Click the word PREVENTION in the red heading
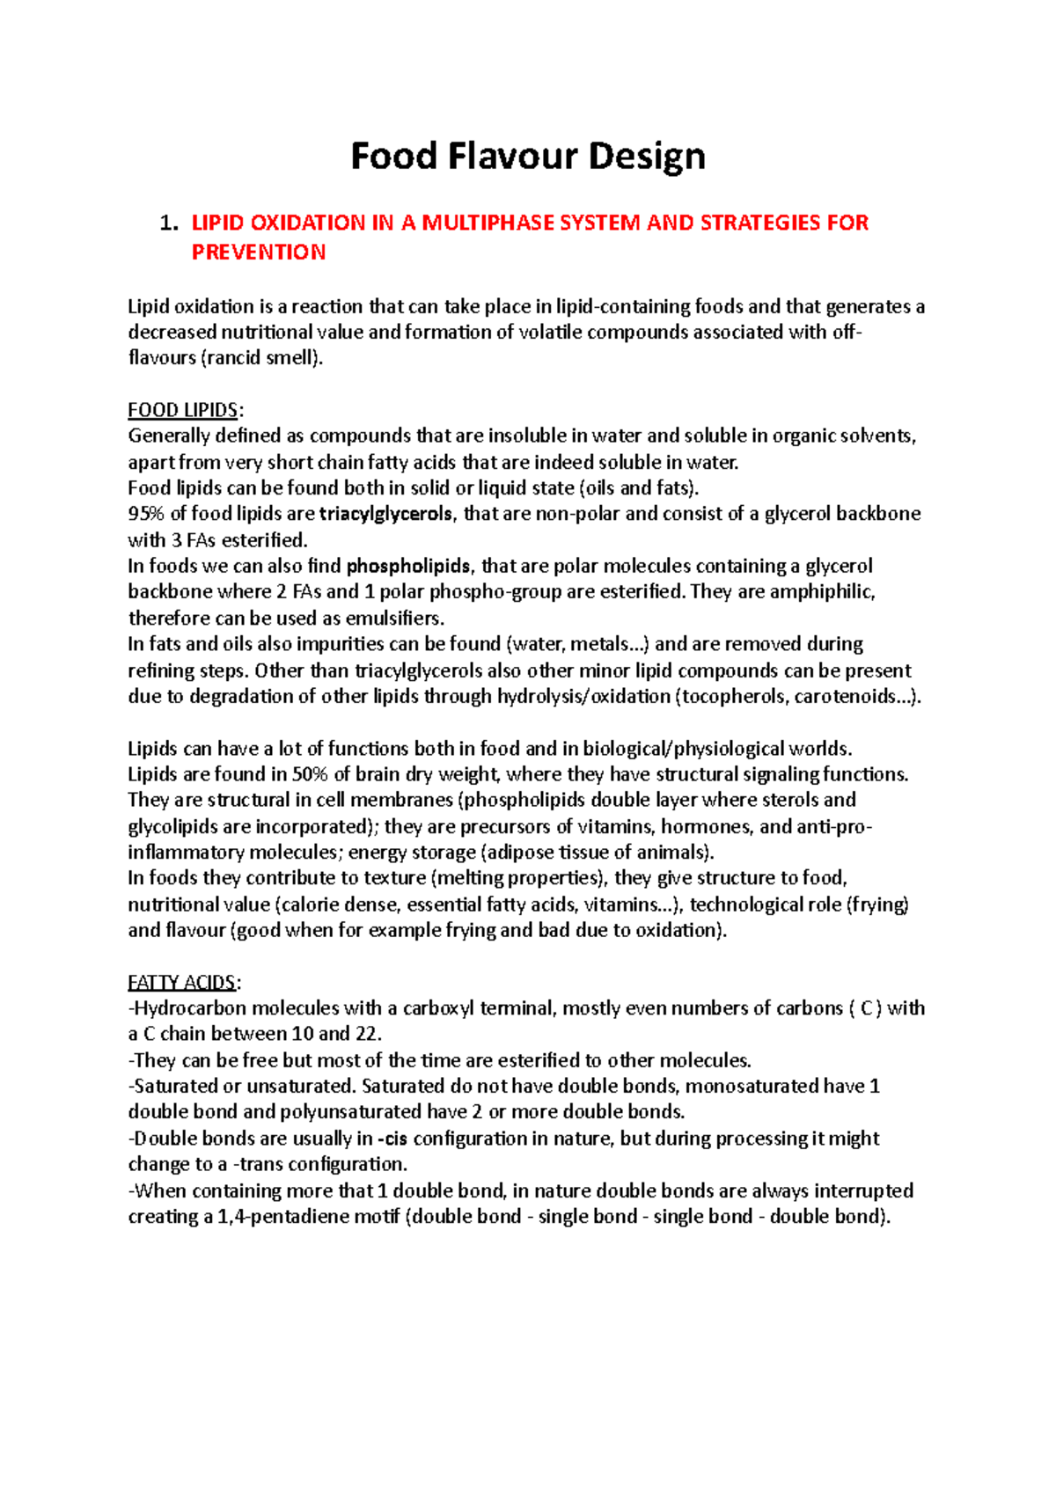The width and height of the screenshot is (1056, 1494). [259, 253]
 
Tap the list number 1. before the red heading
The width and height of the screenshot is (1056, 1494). [169, 223]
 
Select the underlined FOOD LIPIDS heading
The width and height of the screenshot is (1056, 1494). [183, 410]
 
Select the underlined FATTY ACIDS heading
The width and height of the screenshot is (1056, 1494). [182, 982]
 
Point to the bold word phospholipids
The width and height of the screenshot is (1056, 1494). [409, 566]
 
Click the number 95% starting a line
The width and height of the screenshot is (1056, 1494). [146, 514]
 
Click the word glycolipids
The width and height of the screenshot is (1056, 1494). [172, 826]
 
